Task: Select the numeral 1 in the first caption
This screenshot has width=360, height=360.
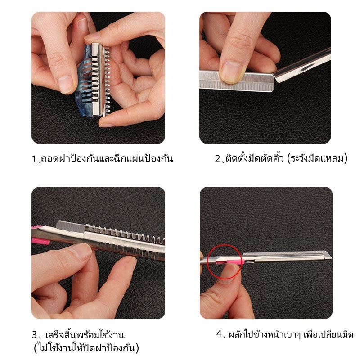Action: [x=34, y=159]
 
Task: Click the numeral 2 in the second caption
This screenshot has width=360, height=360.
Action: [x=217, y=159]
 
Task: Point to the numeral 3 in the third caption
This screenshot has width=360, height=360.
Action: [x=35, y=335]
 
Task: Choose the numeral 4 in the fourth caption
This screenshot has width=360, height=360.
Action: [x=219, y=334]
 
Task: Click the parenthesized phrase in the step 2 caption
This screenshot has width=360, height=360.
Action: [x=317, y=159]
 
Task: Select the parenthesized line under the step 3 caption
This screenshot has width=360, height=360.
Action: [x=86, y=348]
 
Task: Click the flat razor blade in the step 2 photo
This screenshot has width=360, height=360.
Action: [x=237, y=81]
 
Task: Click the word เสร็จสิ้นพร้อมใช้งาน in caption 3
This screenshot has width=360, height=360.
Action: [x=85, y=335]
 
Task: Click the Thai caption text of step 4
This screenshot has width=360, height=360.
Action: [x=291, y=334]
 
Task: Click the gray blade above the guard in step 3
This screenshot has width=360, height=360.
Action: [x=71, y=226]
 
